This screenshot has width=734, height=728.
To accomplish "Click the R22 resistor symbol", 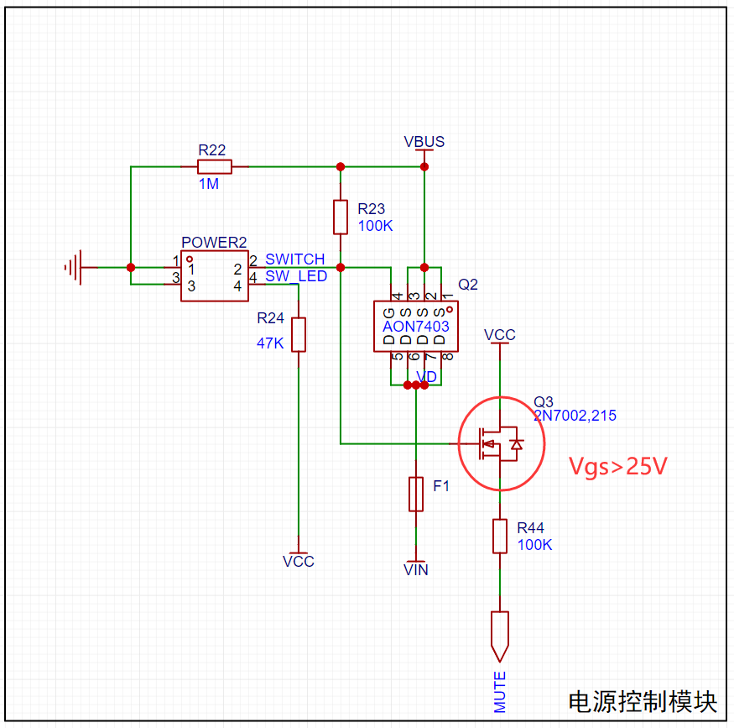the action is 215,167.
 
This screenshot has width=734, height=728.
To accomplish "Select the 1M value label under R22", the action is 209,184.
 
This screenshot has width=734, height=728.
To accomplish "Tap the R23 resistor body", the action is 341,217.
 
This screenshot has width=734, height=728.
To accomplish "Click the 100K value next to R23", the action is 376,226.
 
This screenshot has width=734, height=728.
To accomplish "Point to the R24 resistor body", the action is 299,334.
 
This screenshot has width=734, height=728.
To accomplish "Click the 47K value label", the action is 270,343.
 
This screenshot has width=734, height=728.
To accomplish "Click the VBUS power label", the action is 424,141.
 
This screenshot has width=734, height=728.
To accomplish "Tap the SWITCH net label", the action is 295,259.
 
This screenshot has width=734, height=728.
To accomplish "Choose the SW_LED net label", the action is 296,276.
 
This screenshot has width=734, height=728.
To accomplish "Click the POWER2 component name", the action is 214,242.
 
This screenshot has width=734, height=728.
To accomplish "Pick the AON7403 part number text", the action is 416,326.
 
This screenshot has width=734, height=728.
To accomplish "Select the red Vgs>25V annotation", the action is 618,466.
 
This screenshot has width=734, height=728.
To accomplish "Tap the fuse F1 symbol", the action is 416,495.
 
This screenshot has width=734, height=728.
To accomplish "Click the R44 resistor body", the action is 500,537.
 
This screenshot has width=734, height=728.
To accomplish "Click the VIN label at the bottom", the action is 416,570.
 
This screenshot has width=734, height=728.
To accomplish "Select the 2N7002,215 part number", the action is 575,416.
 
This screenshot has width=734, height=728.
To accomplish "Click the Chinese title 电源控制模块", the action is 643,702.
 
